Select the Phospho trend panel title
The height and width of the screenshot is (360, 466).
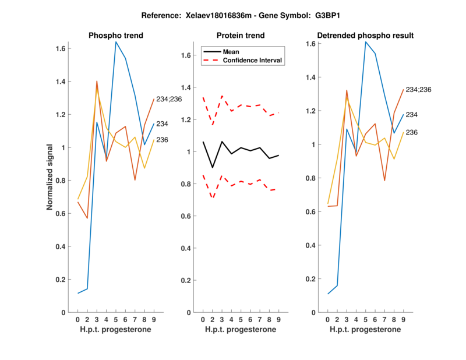[116, 36]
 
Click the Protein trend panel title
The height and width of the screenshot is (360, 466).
[241, 36]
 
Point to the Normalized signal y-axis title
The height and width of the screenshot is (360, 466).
[51, 177]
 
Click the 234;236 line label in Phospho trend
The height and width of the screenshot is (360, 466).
[169, 99]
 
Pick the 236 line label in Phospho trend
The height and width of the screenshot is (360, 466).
[162, 139]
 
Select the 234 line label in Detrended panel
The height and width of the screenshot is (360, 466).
[412, 115]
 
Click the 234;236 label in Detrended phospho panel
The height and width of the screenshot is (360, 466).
[418, 90]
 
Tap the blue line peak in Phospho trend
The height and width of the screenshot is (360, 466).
[115, 41]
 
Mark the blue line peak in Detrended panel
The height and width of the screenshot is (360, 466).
[365, 41]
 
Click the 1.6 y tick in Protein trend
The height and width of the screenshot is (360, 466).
[186, 55]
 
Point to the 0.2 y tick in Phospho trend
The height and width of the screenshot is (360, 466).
[61, 280]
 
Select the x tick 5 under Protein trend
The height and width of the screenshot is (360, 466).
[241, 319]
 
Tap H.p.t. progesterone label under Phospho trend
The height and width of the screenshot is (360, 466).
[115, 330]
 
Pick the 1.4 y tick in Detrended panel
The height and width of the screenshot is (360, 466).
[311, 77]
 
